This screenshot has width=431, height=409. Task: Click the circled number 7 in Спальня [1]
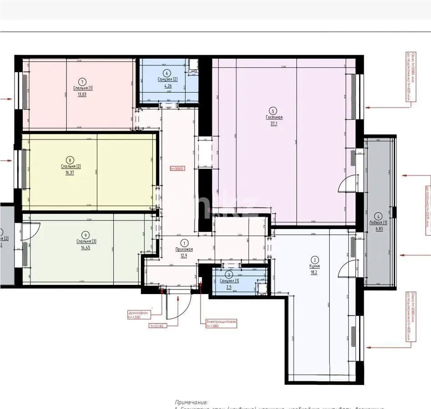click(82, 82)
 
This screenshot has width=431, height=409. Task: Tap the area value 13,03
click(82, 95)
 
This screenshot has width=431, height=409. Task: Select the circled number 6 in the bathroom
click(167, 73)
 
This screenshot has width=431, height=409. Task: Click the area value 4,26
click(167, 85)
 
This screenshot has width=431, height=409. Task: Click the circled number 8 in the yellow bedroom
click(70, 160)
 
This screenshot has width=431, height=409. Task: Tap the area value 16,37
click(70, 173)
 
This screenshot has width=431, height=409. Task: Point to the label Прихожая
click(184, 249)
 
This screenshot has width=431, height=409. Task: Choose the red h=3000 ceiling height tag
click(177, 168)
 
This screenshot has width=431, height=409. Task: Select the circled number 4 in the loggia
click(378, 216)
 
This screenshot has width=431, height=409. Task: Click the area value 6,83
click(378, 229)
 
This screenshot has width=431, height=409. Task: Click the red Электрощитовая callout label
click(221, 321)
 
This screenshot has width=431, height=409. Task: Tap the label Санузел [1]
click(229, 281)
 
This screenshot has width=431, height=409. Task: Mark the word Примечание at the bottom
click(191, 402)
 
